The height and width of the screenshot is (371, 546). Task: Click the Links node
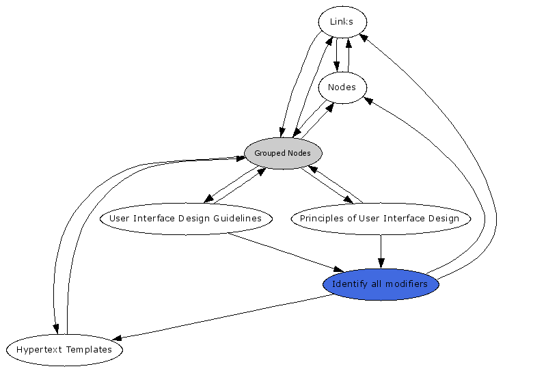pyautogui.click(x=342, y=22)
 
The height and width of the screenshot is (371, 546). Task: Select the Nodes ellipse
pyautogui.click(x=342, y=87)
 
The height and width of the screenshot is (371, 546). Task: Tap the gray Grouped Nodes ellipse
pyautogui.click(x=282, y=153)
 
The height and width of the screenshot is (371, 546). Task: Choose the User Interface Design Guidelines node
pyautogui.click(x=186, y=219)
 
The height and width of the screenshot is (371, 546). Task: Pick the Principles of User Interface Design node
pyautogui.click(x=380, y=219)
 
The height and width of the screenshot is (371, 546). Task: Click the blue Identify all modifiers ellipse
pyautogui.click(x=380, y=284)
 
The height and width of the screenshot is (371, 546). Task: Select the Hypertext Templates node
pyautogui.click(x=64, y=350)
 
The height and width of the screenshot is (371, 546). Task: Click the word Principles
pyautogui.click(x=320, y=219)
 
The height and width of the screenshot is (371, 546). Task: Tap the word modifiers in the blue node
pyautogui.click(x=408, y=284)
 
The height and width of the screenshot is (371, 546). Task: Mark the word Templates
pyautogui.click(x=89, y=350)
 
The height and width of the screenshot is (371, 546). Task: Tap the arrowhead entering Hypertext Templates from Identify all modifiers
pyautogui.click(x=116, y=338)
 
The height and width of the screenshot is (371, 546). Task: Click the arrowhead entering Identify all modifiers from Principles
pyautogui.click(x=381, y=263)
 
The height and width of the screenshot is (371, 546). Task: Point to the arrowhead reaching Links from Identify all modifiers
pyautogui.click(x=364, y=37)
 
